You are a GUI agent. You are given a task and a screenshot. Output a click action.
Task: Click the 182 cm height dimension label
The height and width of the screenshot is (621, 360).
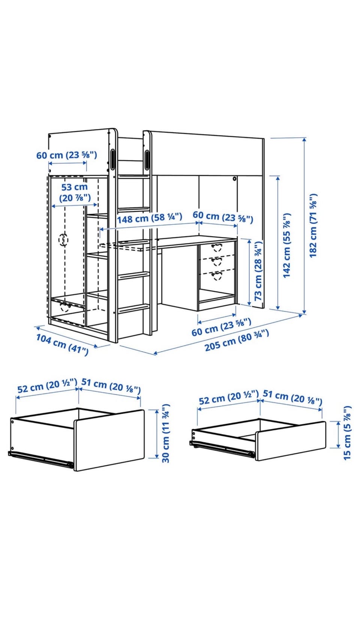point(313,226)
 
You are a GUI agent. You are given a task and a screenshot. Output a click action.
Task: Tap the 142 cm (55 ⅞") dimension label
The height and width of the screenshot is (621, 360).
point(287,245)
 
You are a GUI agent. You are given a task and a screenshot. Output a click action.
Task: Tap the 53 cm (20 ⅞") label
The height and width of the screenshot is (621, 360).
point(75,192)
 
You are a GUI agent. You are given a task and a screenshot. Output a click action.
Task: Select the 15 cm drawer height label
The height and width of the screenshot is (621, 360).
point(347,434)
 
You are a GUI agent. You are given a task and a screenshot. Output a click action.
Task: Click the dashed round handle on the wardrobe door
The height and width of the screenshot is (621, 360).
point(63,240)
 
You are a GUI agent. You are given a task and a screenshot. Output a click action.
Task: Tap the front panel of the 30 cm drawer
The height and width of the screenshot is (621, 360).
point(109,440)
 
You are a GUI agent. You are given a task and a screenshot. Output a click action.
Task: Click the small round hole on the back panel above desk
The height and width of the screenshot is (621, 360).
point(235,178)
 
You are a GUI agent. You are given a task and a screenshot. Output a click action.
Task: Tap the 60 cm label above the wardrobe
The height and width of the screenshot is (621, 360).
point(67,155)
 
